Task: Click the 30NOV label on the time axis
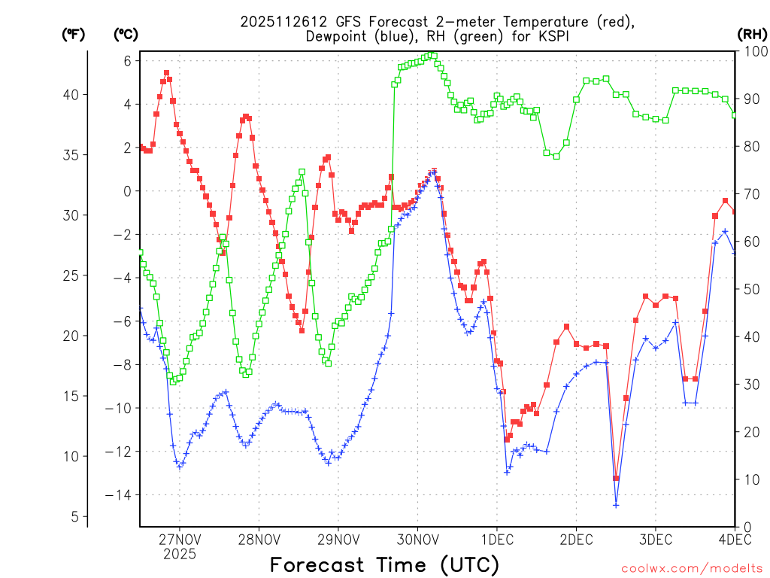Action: point(417,539)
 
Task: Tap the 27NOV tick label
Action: point(180,539)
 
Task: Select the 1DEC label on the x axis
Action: point(497,539)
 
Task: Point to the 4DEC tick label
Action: point(735,539)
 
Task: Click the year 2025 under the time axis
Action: point(180,554)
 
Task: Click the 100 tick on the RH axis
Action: point(753,51)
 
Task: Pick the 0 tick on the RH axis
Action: point(747,527)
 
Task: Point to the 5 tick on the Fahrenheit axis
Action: point(76,516)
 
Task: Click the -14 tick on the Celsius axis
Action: point(118,495)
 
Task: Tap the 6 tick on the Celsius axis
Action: point(128,61)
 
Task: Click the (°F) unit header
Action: point(73,34)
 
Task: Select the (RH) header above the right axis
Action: point(752,34)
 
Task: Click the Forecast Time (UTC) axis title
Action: point(384,564)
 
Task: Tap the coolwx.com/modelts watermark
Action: point(692,568)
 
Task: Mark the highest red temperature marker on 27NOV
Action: point(166,73)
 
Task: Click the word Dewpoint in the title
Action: point(341,35)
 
